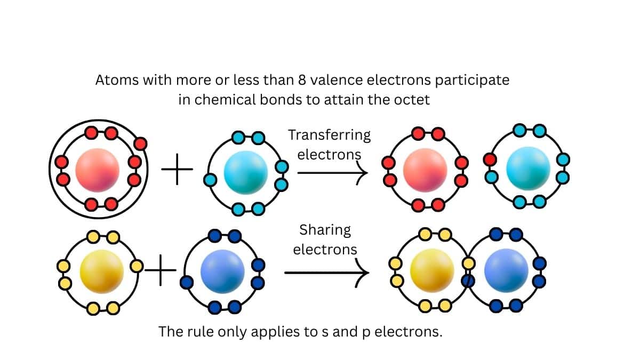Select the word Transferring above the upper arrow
click(329, 135)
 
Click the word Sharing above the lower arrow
click(325, 230)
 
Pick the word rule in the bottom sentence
click(206, 332)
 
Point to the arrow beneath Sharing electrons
click(326, 273)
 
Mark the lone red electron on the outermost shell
click(141, 143)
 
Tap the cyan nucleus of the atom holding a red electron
click(528, 168)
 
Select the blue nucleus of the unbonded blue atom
click(222, 270)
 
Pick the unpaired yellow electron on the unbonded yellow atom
click(137, 266)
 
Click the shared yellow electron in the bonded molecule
click(468, 263)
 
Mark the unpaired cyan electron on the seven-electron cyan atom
click(211, 180)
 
